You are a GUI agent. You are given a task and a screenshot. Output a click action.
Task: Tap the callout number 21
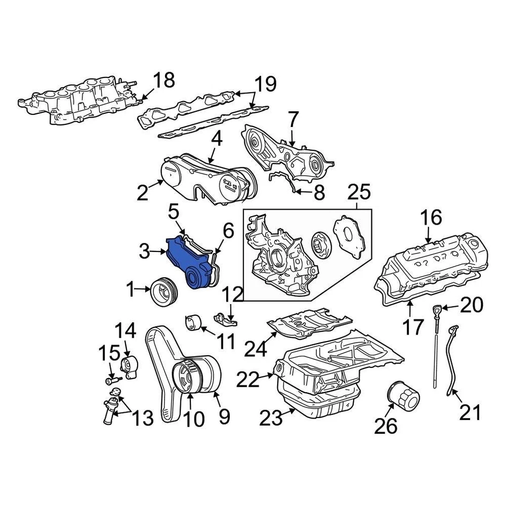pyautogui.click(x=470, y=412)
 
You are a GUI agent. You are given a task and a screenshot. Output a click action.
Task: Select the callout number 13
pyautogui.click(x=141, y=418)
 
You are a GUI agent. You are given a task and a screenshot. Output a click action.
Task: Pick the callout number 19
pyautogui.click(x=266, y=84)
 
